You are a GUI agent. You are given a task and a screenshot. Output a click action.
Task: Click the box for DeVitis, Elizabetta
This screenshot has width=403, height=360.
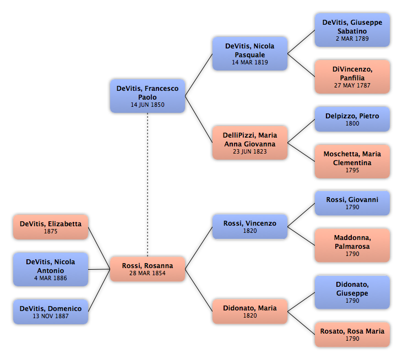click(x=51, y=227)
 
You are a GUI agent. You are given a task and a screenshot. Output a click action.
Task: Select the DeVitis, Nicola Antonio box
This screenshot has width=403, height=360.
click(x=51, y=269)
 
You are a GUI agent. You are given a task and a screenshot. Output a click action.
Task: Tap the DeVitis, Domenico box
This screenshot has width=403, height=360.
click(x=51, y=312)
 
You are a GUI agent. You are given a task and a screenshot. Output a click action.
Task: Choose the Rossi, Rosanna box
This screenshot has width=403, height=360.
click(x=148, y=269)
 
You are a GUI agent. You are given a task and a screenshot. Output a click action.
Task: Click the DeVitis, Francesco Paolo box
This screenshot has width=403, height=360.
click(x=148, y=96)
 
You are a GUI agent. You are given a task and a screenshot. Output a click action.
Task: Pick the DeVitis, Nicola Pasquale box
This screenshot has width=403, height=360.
click(x=250, y=53)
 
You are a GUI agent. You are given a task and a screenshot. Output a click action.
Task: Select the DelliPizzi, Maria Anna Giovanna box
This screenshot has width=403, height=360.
click(x=250, y=143)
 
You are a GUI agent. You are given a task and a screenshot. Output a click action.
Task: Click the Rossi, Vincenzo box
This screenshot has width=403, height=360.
click(x=250, y=227)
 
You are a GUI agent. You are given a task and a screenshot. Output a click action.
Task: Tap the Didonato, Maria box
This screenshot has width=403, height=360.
click(x=250, y=312)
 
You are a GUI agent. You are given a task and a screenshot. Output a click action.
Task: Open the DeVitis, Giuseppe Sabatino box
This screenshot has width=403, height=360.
click(x=352, y=30)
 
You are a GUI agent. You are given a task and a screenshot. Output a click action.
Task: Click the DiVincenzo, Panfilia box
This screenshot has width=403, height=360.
click(x=352, y=77)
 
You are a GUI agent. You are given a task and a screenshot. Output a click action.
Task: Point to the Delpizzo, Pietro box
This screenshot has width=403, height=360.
click(x=352, y=119)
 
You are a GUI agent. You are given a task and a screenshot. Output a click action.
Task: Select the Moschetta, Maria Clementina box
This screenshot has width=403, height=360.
click(x=352, y=161)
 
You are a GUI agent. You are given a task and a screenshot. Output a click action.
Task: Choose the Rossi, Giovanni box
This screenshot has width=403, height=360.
click(x=352, y=203)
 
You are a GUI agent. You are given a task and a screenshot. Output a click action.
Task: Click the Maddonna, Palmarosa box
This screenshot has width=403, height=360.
click(x=352, y=246)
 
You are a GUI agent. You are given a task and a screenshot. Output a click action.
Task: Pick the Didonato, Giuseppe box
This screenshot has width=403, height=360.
click(x=352, y=292)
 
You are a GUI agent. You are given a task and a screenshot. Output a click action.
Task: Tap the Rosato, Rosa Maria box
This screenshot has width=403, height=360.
click(x=352, y=335)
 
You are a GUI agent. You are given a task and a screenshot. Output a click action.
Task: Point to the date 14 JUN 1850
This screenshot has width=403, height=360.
click(x=148, y=105)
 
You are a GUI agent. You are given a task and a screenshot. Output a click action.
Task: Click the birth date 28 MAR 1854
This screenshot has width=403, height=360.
click(x=148, y=274)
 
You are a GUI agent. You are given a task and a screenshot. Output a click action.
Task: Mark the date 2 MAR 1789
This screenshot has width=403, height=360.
click(x=352, y=39)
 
